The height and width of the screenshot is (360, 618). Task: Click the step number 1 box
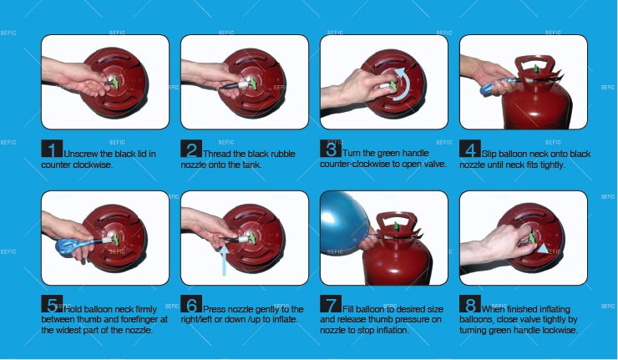pos(52,149)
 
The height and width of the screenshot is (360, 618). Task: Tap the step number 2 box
pos(191,149)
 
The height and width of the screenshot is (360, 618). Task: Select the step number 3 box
pos(331,149)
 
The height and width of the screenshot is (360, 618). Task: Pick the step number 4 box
pos(470,149)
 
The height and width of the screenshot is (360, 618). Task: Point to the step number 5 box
pos(52,303)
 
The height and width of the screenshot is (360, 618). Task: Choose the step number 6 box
pos(191,303)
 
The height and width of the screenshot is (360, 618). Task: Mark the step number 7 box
pos(331,303)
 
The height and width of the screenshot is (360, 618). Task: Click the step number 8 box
pos(470,303)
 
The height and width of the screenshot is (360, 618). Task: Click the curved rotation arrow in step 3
pos(407,84)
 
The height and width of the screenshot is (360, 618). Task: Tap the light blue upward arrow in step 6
pos(224,261)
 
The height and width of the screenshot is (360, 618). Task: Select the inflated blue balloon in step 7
pos(343,223)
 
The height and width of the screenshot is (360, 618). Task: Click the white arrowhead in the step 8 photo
pos(543,248)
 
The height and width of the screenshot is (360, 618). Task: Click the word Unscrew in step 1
pos(81,154)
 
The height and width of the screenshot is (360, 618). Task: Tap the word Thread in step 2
pos(216,154)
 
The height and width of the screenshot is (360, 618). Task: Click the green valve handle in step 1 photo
pos(115,82)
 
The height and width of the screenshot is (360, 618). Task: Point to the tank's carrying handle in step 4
pos(535,64)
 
